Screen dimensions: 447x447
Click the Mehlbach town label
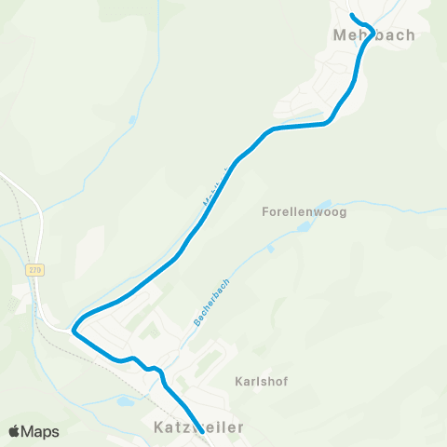pos(372,35)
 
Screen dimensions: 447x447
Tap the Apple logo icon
pos(14,431)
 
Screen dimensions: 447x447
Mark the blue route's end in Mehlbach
pos(351,16)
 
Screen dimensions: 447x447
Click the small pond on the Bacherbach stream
pos(270,248)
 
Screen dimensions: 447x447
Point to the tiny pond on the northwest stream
pos(133,119)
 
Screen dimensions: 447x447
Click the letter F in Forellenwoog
pos(265,212)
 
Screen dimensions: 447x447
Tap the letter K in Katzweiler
pos(155,426)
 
